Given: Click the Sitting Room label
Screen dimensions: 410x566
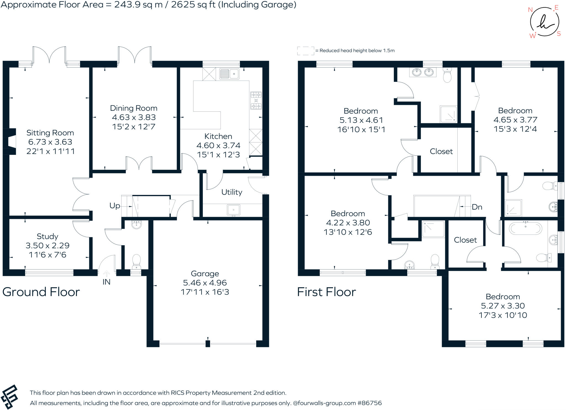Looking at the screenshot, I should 50,133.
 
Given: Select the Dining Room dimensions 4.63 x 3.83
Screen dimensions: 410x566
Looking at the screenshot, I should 134,117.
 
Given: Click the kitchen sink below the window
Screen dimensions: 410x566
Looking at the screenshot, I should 229,74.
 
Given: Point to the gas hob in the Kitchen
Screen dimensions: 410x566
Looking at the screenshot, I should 256,100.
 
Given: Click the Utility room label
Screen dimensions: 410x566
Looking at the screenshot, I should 232,192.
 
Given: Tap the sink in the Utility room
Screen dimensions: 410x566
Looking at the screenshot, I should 234,210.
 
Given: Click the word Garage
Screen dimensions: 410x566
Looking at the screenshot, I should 205,274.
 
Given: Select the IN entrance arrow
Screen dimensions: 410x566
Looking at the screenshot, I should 106,274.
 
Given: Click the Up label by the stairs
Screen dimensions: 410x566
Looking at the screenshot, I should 115,206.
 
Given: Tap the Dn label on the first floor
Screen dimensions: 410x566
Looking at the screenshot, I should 477,207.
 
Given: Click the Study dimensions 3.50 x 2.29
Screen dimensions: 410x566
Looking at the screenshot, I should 48,246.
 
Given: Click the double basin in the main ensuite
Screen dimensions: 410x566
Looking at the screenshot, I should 423,72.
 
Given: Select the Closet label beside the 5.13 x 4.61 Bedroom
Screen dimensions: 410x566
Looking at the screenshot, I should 441,152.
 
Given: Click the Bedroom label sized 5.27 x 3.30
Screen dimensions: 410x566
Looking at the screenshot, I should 503,297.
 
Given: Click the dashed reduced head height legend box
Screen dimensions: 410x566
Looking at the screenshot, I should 305,51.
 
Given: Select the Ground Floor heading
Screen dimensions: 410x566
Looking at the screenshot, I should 41,292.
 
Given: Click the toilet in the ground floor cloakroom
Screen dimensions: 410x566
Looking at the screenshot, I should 137,261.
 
